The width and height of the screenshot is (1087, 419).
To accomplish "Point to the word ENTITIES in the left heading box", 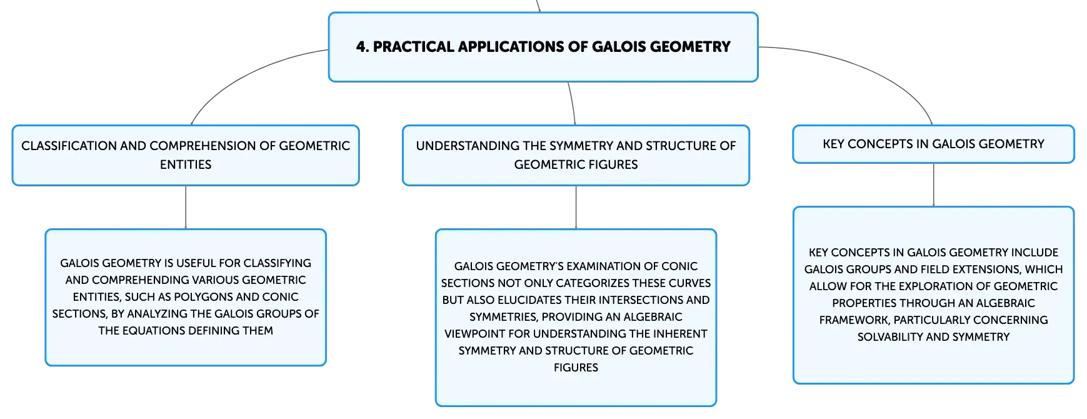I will click(186, 164).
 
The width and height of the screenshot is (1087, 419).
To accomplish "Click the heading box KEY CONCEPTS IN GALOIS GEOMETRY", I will click(933, 144).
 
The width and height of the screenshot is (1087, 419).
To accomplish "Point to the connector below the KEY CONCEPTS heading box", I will click(933, 185).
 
